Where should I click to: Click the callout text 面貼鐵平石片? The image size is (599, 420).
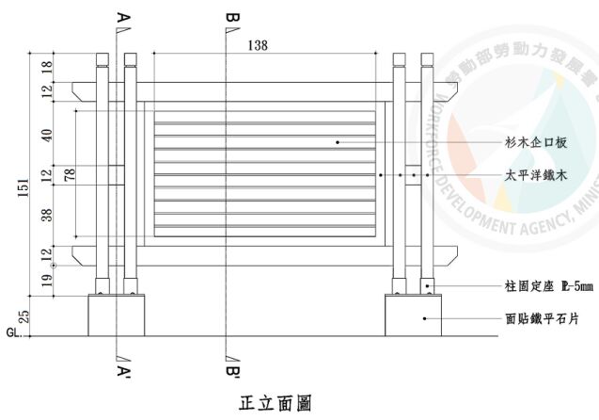[535, 318]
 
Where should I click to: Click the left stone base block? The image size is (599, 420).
[116, 315]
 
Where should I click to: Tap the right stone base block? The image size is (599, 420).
[414, 315]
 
